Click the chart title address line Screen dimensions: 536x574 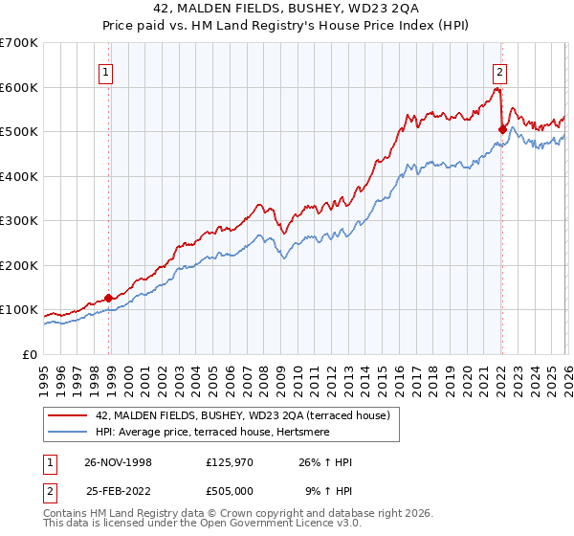[287, 9]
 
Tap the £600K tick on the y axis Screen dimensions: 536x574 [19, 87]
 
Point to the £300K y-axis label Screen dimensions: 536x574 [19, 220]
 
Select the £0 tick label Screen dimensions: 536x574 [30, 354]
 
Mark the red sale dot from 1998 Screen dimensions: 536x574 [109, 298]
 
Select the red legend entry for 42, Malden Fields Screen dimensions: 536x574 [242, 415]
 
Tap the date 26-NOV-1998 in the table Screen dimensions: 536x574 [118, 462]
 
